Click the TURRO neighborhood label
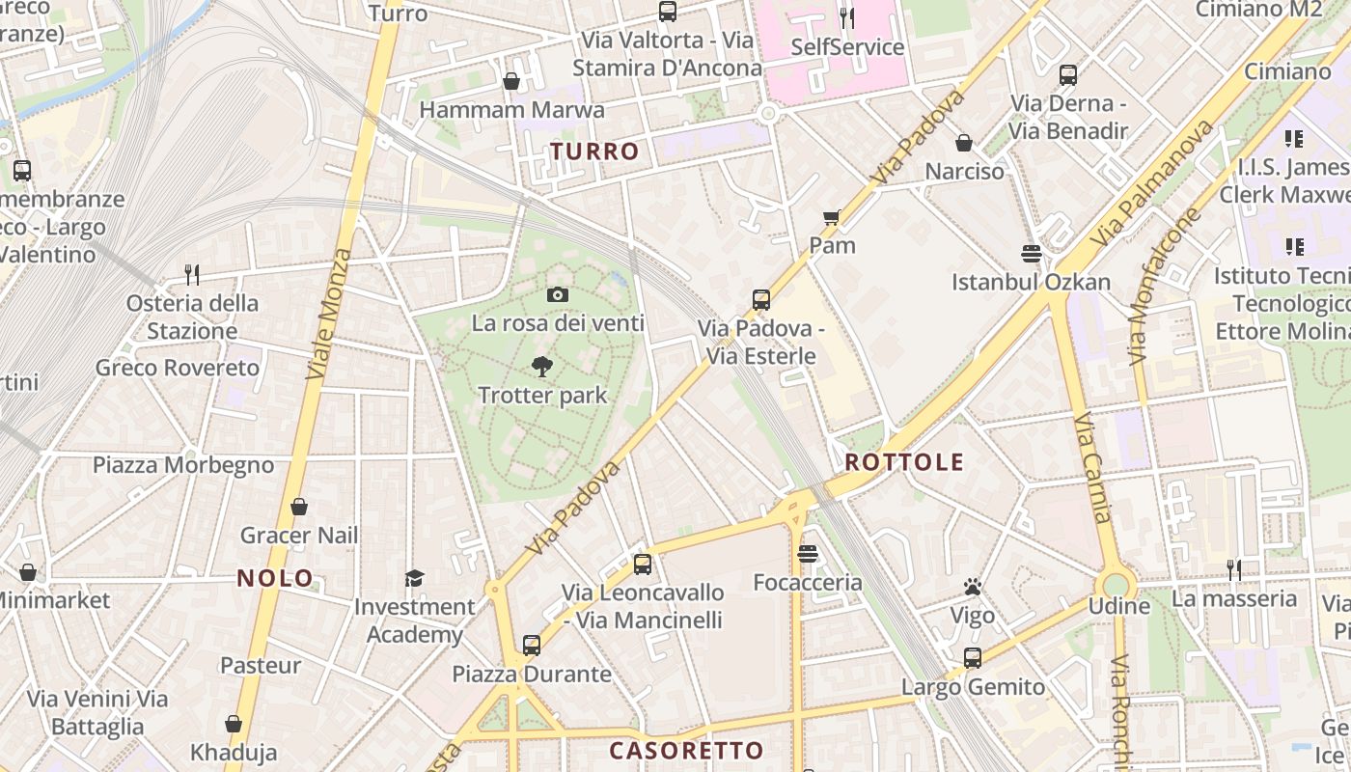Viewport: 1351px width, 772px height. [x=594, y=152]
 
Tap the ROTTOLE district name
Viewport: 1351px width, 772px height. [x=904, y=462]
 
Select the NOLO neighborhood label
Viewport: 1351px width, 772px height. [x=275, y=579]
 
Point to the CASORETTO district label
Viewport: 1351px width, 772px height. [x=686, y=751]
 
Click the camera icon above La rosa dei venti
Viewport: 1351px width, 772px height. [x=557, y=295]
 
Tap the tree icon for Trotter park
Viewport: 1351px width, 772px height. [x=541, y=367]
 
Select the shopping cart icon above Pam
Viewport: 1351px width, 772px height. [x=832, y=218]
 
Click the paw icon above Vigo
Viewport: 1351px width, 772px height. [x=972, y=587]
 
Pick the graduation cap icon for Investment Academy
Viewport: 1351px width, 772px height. [x=414, y=578]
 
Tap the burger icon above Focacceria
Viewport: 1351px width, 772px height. [x=808, y=554]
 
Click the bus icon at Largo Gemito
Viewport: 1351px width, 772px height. [x=973, y=658]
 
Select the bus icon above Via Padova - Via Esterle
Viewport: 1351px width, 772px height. [x=761, y=300]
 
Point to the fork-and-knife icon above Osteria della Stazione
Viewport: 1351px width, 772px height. [x=192, y=275]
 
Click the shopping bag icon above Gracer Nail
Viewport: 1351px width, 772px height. [x=299, y=507]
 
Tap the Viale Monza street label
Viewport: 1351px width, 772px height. [x=329, y=314]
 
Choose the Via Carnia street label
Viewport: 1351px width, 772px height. [x=1094, y=468]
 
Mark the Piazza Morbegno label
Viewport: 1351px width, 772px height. [x=183, y=465]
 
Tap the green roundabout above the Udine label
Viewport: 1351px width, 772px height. [x=1116, y=584]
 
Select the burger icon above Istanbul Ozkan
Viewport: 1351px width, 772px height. [x=1031, y=254]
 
